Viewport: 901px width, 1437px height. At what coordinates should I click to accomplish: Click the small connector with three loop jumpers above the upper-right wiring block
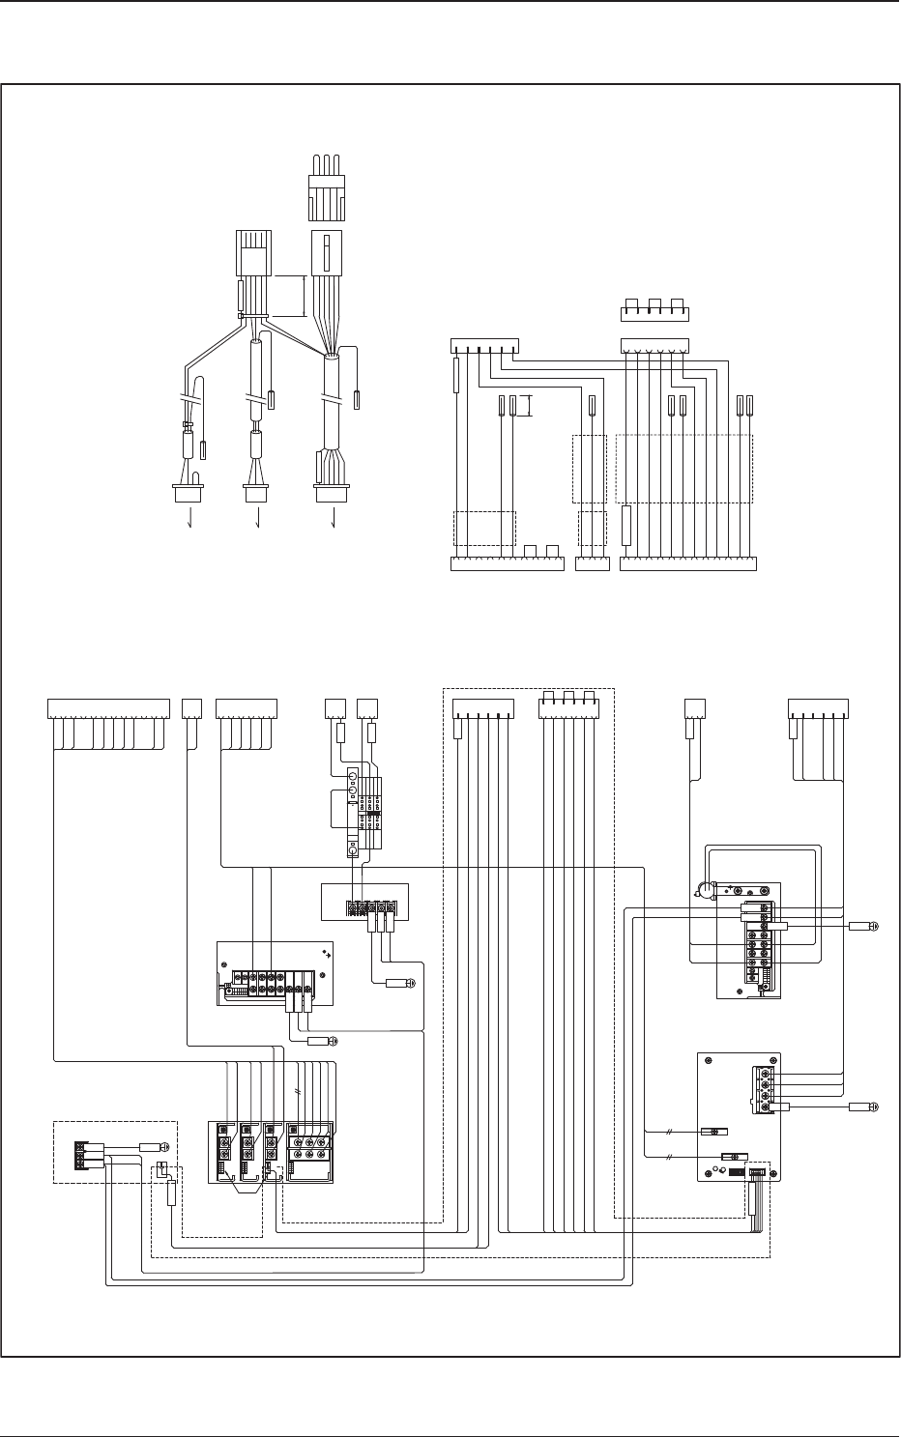[654, 310]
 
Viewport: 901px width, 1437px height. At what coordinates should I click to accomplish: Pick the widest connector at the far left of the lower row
[106, 708]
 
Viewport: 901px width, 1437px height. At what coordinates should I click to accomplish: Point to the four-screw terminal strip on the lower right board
[766, 1092]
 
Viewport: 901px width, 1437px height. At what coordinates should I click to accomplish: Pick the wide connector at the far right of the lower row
[818, 708]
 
